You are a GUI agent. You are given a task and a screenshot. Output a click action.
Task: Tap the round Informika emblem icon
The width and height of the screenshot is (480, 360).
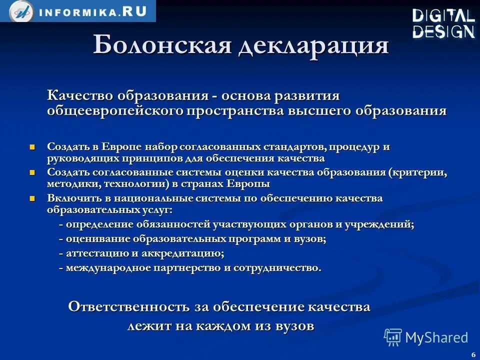point(21,11)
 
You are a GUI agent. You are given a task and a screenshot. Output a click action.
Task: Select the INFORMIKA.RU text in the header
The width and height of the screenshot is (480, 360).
point(92,12)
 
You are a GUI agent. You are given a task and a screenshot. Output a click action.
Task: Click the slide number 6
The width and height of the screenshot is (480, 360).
point(472,354)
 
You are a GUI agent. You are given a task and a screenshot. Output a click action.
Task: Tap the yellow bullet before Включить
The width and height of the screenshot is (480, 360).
point(33,198)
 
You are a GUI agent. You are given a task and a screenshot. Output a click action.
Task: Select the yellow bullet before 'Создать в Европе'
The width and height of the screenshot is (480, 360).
point(33,147)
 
